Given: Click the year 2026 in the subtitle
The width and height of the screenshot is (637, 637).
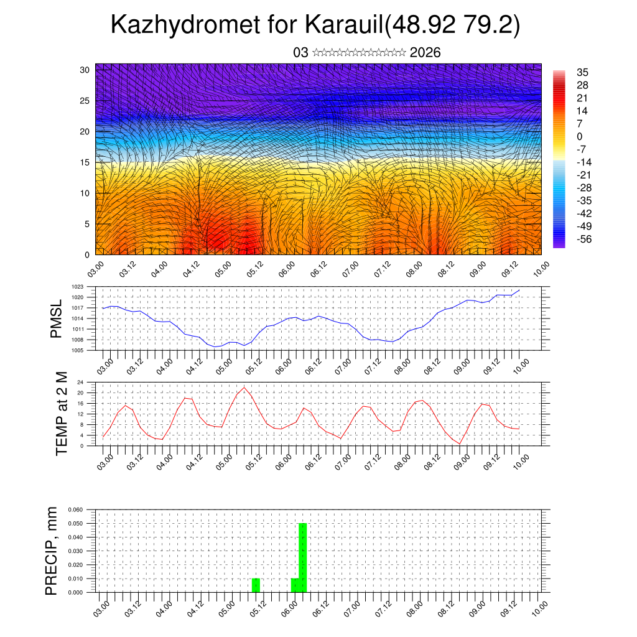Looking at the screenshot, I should pyautogui.click(x=425, y=53).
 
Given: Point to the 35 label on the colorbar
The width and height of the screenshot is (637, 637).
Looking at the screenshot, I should pyautogui.click(x=582, y=72).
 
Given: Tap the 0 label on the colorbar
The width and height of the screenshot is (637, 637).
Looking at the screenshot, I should pyautogui.click(x=580, y=136).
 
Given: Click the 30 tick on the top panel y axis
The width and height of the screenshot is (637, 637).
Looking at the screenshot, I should pyautogui.click(x=85, y=70).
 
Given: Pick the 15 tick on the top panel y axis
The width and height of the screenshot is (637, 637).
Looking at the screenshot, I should pyautogui.click(x=85, y=162).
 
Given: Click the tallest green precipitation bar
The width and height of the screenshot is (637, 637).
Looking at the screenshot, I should pyautogui.click(x=303, y=557).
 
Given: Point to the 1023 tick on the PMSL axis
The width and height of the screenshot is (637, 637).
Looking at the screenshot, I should pyautogui.click(x=78, y=287).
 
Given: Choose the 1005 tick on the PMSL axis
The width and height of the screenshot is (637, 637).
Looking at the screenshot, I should pyautogui.click(x=78, y=350).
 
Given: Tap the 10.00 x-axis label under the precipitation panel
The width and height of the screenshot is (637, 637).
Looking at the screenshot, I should pyautogui.click(x=539, y=607).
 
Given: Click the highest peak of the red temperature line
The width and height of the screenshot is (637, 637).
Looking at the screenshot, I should pyautogui.click(x=244, y=388).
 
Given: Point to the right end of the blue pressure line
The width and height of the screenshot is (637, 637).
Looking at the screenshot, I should pyautogui.click(x=519, y=291).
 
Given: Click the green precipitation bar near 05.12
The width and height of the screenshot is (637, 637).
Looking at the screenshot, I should pyautogui.click(x=256, y=585).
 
